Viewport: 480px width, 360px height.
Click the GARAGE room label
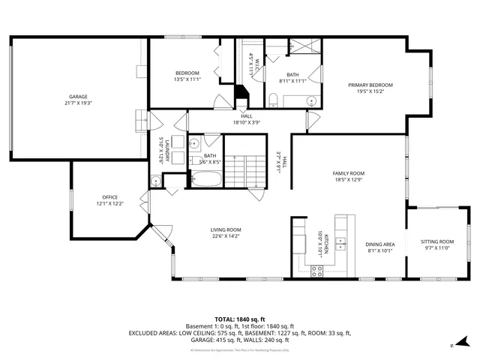tap(79, 97)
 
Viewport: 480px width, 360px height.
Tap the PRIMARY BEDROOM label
tap(370, 85)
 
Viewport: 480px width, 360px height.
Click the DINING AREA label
tap(379, 244)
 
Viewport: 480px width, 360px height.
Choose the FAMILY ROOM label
tap(348, 173)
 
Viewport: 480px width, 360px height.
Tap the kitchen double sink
tap(342, 243)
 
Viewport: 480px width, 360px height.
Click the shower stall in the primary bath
tap(304, 46)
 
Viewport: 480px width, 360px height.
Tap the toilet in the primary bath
tap(275, 100)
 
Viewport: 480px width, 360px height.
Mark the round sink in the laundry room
tap(157, 180)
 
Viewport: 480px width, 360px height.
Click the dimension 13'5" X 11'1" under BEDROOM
tap(187, 79)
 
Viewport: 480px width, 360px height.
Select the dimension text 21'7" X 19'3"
tap(79, 103)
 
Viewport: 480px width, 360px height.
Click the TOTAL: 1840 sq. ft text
tap(239, 319)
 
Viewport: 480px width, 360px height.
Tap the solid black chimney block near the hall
tap(241, 96)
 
